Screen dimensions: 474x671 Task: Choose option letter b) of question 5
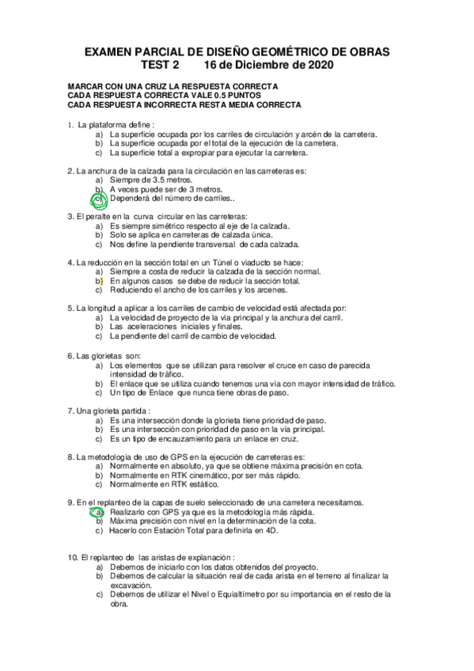point(99,326)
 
